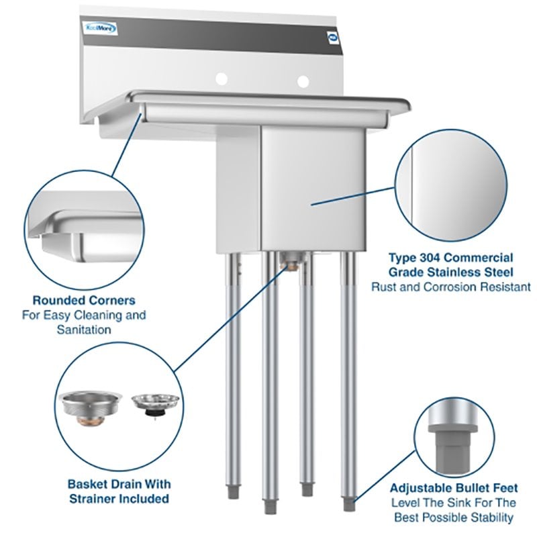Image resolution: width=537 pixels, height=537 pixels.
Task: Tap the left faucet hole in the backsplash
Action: pyautogui.click(x=221, y=81)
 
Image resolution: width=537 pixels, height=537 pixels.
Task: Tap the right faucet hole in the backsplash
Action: pyautogui.click(x=303, y=81)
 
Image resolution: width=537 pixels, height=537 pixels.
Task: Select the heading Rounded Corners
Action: pyautogui.click(x=84, y=300)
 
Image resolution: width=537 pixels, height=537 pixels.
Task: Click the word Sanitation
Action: pyautogui.click(x=84, y=330)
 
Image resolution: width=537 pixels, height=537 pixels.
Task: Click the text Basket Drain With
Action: pyautogui.click(x=119, y=483)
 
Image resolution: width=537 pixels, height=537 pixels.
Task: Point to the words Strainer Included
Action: pyautogui.click(x=119, y=499)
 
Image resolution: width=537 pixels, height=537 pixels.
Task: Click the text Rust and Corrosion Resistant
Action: pyautogui.click(x=450, y=287)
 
